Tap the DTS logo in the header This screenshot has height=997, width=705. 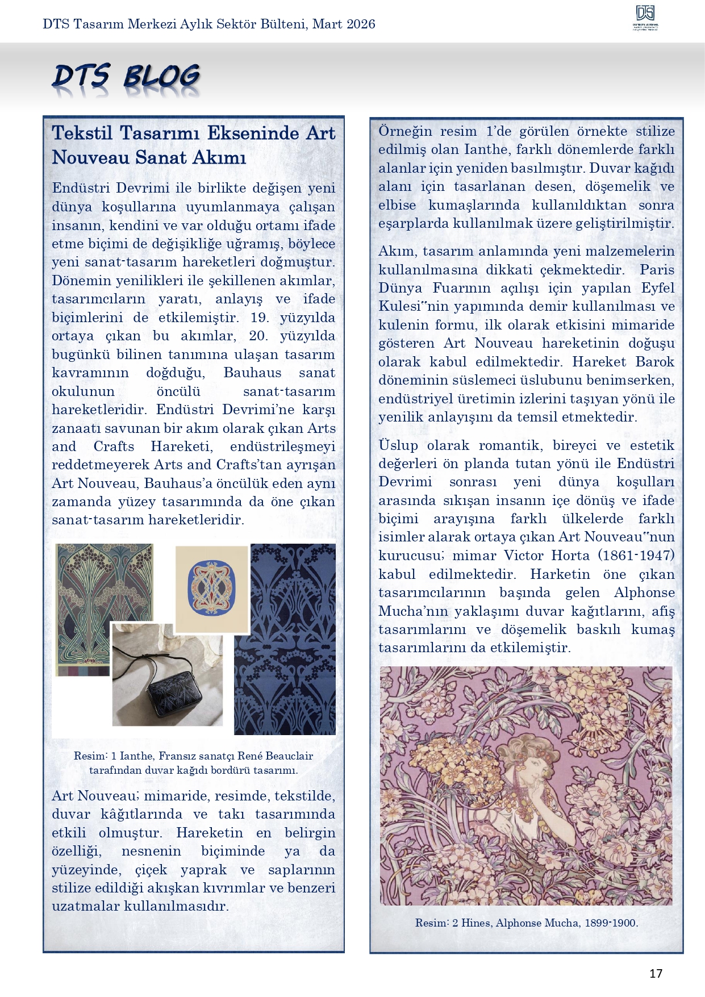coord(645,18)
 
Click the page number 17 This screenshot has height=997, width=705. coord(656,973)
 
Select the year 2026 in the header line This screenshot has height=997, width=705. coord(360,24)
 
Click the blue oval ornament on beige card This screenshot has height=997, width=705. coord(212,588)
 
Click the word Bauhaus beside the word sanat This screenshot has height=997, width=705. coord(252,373)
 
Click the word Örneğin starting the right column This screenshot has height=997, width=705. coord(405,131)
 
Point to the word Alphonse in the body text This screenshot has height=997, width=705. coord(644,593)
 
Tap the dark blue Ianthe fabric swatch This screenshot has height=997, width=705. coord(285,639)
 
